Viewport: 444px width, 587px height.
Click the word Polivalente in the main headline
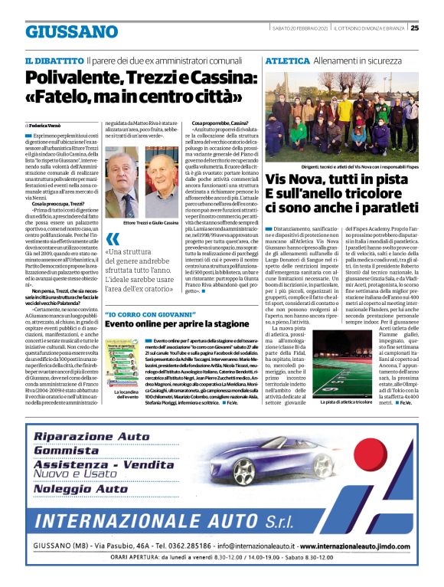click(74, 77)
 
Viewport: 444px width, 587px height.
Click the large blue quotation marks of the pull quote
click(113, 238)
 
